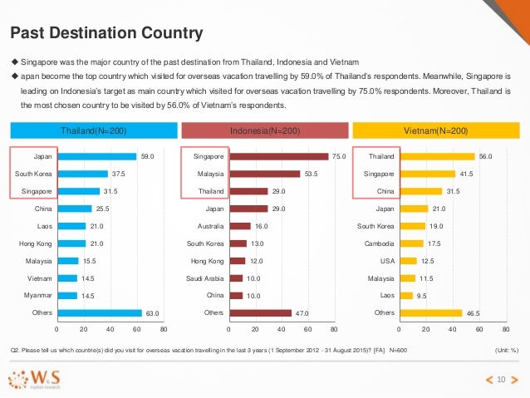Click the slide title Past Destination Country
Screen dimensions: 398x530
coord(106,33)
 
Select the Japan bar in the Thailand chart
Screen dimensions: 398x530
coord(96,155)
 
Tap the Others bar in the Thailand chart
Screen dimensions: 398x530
coord(98,312)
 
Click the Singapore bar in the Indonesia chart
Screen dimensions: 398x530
coord(278,155)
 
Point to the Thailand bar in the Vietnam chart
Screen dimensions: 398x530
coord(436,155)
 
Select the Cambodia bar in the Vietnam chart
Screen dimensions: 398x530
coord(410,243)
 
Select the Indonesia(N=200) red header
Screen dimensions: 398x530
coord(264,130)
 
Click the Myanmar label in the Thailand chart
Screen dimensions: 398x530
coord(39,295)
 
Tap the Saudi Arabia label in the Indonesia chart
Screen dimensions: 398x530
coord(203,278)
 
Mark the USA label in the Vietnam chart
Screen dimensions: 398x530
coord(386,260)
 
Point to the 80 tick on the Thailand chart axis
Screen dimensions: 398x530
coord(164,329)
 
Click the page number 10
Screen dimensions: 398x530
coord(500,380)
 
